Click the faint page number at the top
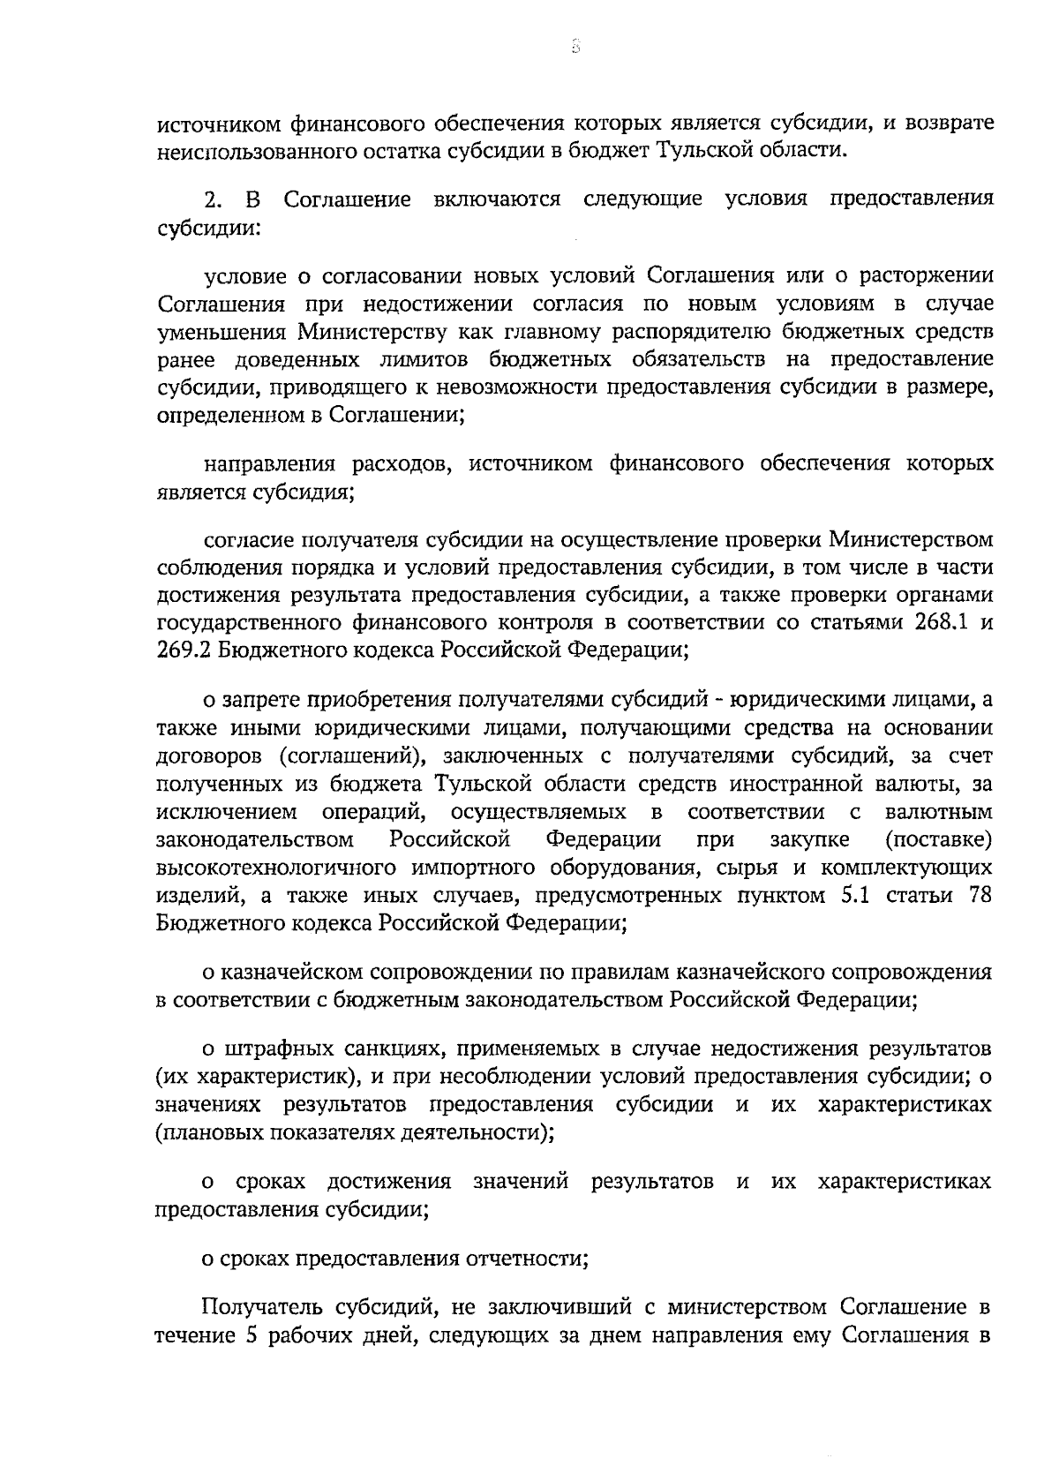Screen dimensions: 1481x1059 pos(575,47)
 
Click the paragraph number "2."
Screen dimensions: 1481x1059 pos(214,199)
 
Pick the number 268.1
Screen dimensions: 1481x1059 pos(937,622)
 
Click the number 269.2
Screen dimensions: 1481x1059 pos(183,650)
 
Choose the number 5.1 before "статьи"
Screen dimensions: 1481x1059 pos(847,895)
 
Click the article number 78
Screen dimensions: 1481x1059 pos(980,895)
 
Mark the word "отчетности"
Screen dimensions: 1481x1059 pos(530,1259)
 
